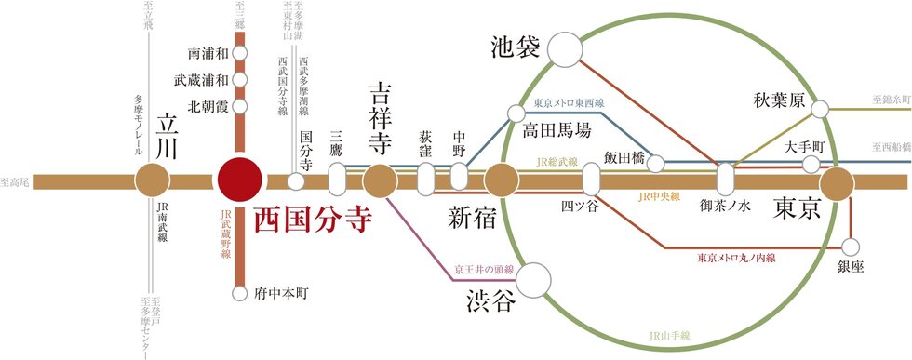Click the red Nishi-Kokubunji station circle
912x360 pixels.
239,180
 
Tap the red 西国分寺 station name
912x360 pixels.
313,219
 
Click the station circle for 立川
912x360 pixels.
151,180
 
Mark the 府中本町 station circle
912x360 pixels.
239,292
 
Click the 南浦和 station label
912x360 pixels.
207,54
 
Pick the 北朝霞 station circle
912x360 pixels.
239,106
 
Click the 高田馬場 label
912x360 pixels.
557,130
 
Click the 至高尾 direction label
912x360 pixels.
16,182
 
